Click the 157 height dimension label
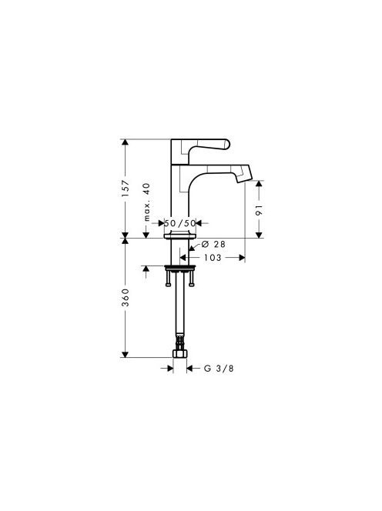click(x=126, y=188)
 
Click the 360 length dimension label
click(x=126, y=297)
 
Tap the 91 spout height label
click(x=259, y=210)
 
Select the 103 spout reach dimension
click(x=213, y=258)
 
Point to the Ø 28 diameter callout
click(x=213, y=244)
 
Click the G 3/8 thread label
click(x=219, y=369)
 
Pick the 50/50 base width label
click(x=180, y=223)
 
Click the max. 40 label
click(x=147, y=202)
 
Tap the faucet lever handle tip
click(x=227, y=145)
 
